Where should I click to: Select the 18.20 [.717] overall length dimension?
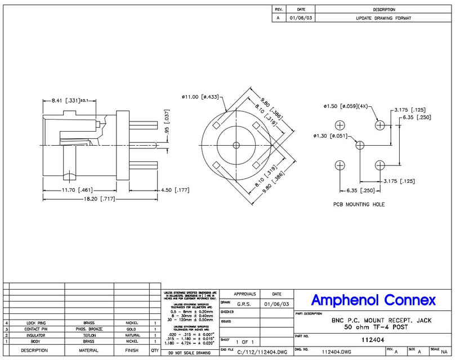(x=84, y=200)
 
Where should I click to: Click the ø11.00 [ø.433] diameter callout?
(x=200, y=97)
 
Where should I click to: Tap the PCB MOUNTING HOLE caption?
(x=358, y=204)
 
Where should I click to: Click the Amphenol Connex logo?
(x=373, y=300)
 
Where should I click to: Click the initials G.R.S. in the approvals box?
(x=244, y=304)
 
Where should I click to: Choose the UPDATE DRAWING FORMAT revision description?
(x=383, y=18)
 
